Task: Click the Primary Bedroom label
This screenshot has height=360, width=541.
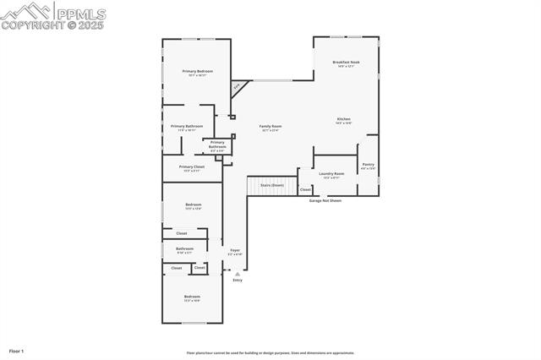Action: (197, 72)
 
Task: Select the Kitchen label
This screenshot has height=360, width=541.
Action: (344, 119)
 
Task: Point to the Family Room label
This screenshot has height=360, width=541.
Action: (270, 127)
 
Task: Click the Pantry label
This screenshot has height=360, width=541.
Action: (368, 165)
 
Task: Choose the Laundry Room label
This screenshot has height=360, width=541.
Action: (331, 174)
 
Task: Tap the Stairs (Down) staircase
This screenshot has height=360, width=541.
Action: (271, 185)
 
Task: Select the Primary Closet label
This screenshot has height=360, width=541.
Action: (192, 167)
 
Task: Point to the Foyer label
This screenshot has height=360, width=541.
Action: (235, 251)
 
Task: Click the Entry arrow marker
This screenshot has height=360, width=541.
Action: (238, 274)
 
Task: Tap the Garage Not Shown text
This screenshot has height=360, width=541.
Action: (325, 201)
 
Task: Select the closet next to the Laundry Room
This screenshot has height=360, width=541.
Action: (305, 190)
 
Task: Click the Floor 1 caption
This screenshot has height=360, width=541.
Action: (17, 350)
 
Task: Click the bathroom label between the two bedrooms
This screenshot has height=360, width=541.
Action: (184, 249)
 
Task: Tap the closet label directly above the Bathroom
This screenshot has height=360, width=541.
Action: (182, 233)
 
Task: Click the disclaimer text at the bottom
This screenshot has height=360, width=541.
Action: (270, 353)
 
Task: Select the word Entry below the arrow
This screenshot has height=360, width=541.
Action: (238, 281)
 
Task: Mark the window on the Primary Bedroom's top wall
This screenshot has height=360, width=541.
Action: (205, 39)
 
